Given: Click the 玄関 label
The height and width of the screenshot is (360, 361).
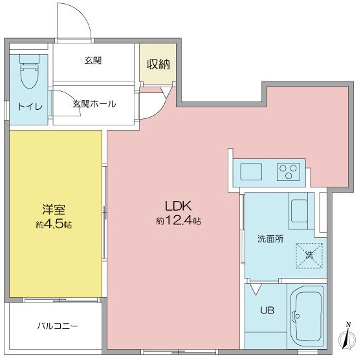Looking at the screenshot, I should (x=93, y=61).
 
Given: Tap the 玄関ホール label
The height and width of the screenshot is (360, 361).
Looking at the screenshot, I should (x=94, y=103).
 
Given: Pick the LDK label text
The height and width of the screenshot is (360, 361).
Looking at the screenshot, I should (x=177, y=206).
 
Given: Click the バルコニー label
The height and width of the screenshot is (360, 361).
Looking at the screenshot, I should (x=57, y=325).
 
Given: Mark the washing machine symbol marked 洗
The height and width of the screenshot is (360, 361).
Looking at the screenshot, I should (x=309, y=255).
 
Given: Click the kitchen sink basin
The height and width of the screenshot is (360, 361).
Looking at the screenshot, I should (x=251, y=171).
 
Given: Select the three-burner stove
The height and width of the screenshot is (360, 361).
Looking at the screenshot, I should (x=289, y=171).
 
